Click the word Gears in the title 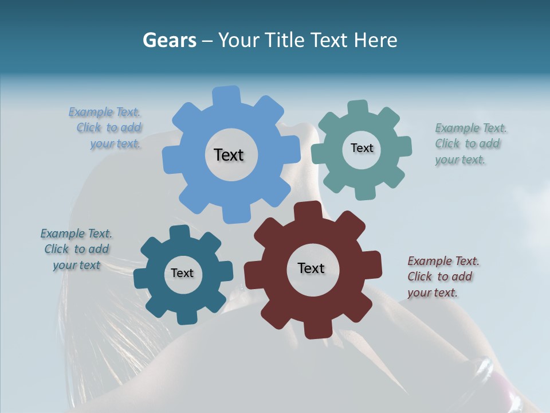coord(169,40)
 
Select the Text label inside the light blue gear coord(229,155)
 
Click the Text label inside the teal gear coord(362,148)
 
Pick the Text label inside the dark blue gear coord(182,273)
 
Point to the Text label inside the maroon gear coord(311,268)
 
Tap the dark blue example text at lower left coord(76,250)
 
